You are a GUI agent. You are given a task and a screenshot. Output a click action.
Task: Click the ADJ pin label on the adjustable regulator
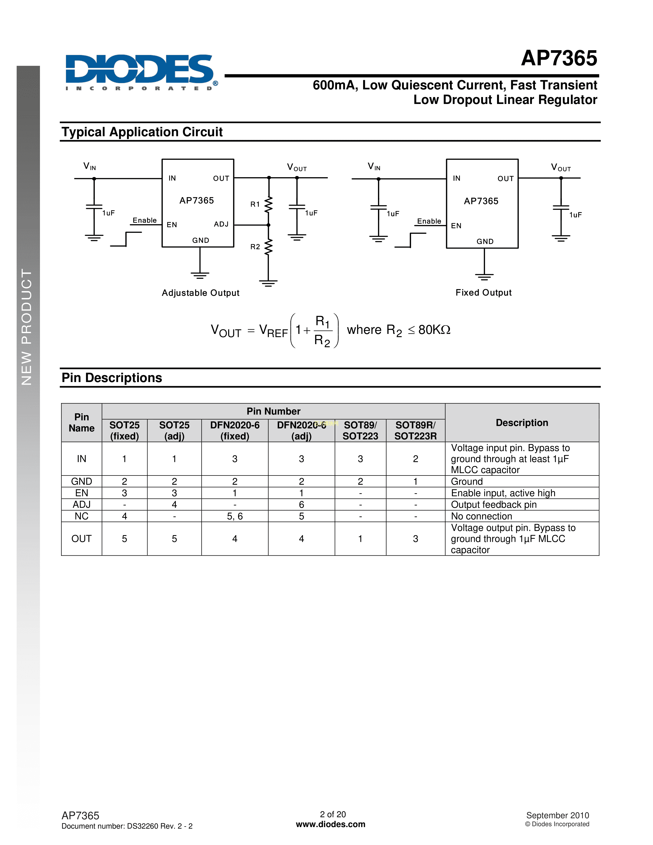221,224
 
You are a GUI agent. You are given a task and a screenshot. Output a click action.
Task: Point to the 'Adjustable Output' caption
201,293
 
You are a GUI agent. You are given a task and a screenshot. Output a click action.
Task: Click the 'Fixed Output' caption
483,292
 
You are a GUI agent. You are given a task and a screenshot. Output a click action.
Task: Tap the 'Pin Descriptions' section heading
112,378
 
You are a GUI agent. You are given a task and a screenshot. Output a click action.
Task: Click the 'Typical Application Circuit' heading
142,132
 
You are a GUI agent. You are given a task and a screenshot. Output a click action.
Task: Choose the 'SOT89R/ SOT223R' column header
415,431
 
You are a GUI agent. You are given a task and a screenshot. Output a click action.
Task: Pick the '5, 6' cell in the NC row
234,516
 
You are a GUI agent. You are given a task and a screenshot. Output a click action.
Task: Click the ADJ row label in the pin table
82,504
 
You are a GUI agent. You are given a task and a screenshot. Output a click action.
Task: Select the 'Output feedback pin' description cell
494,504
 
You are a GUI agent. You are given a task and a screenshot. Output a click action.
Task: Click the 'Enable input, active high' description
503,493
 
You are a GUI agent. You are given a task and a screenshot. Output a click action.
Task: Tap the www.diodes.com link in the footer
330,824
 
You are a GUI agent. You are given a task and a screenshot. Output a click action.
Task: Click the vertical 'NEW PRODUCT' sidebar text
26,327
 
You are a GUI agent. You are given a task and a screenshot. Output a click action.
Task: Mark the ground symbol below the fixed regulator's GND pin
484,276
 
